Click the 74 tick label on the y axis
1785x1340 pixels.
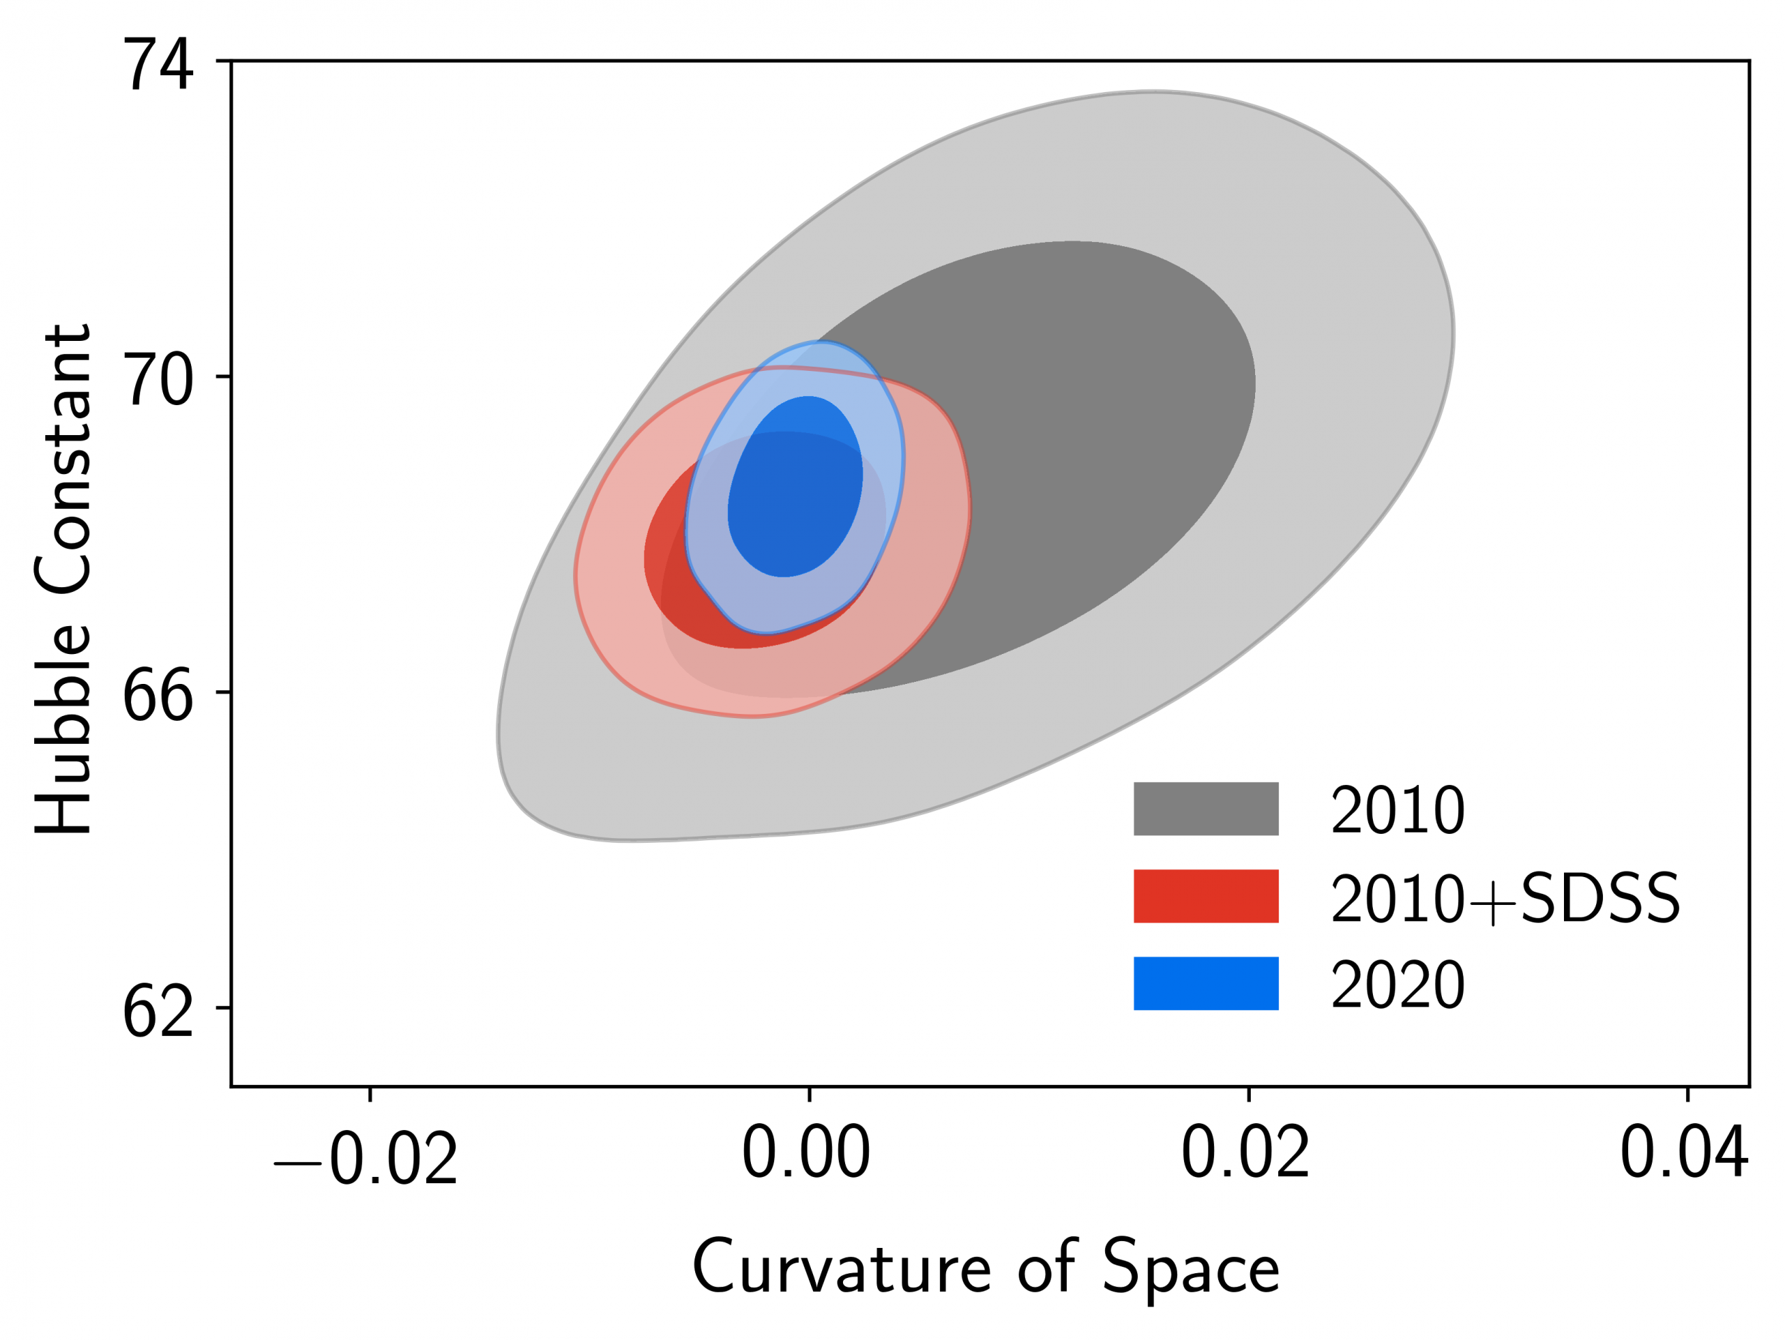coord(158,66)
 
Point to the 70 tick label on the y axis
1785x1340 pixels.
coord(158,380)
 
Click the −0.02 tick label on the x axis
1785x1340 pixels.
coord(365,1159)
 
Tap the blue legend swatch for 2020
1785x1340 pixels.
coord(1206,984)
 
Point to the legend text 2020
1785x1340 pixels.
coord(1397,985)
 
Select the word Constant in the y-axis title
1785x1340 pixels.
coord(63,461)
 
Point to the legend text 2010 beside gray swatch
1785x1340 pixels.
coord(1397,811)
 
